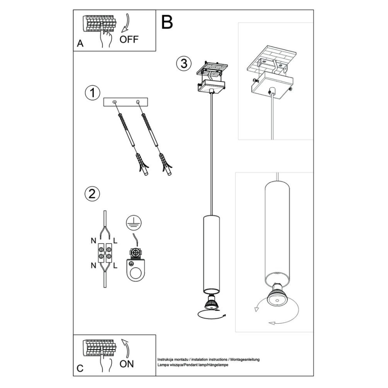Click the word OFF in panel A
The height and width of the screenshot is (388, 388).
point(129,39)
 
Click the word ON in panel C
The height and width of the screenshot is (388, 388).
point(127,363)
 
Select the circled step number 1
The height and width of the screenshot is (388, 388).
point(92,93)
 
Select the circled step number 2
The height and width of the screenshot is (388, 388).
point(92,194)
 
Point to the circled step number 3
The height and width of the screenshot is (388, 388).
point(182,63)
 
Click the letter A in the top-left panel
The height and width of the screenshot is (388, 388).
point(80,43)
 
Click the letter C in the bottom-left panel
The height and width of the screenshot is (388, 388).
point(80,368)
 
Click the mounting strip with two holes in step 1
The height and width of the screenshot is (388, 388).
point(127,102)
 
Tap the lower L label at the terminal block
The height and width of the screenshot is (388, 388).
point(115,266)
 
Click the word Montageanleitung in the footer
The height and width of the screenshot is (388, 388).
point(245,359)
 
